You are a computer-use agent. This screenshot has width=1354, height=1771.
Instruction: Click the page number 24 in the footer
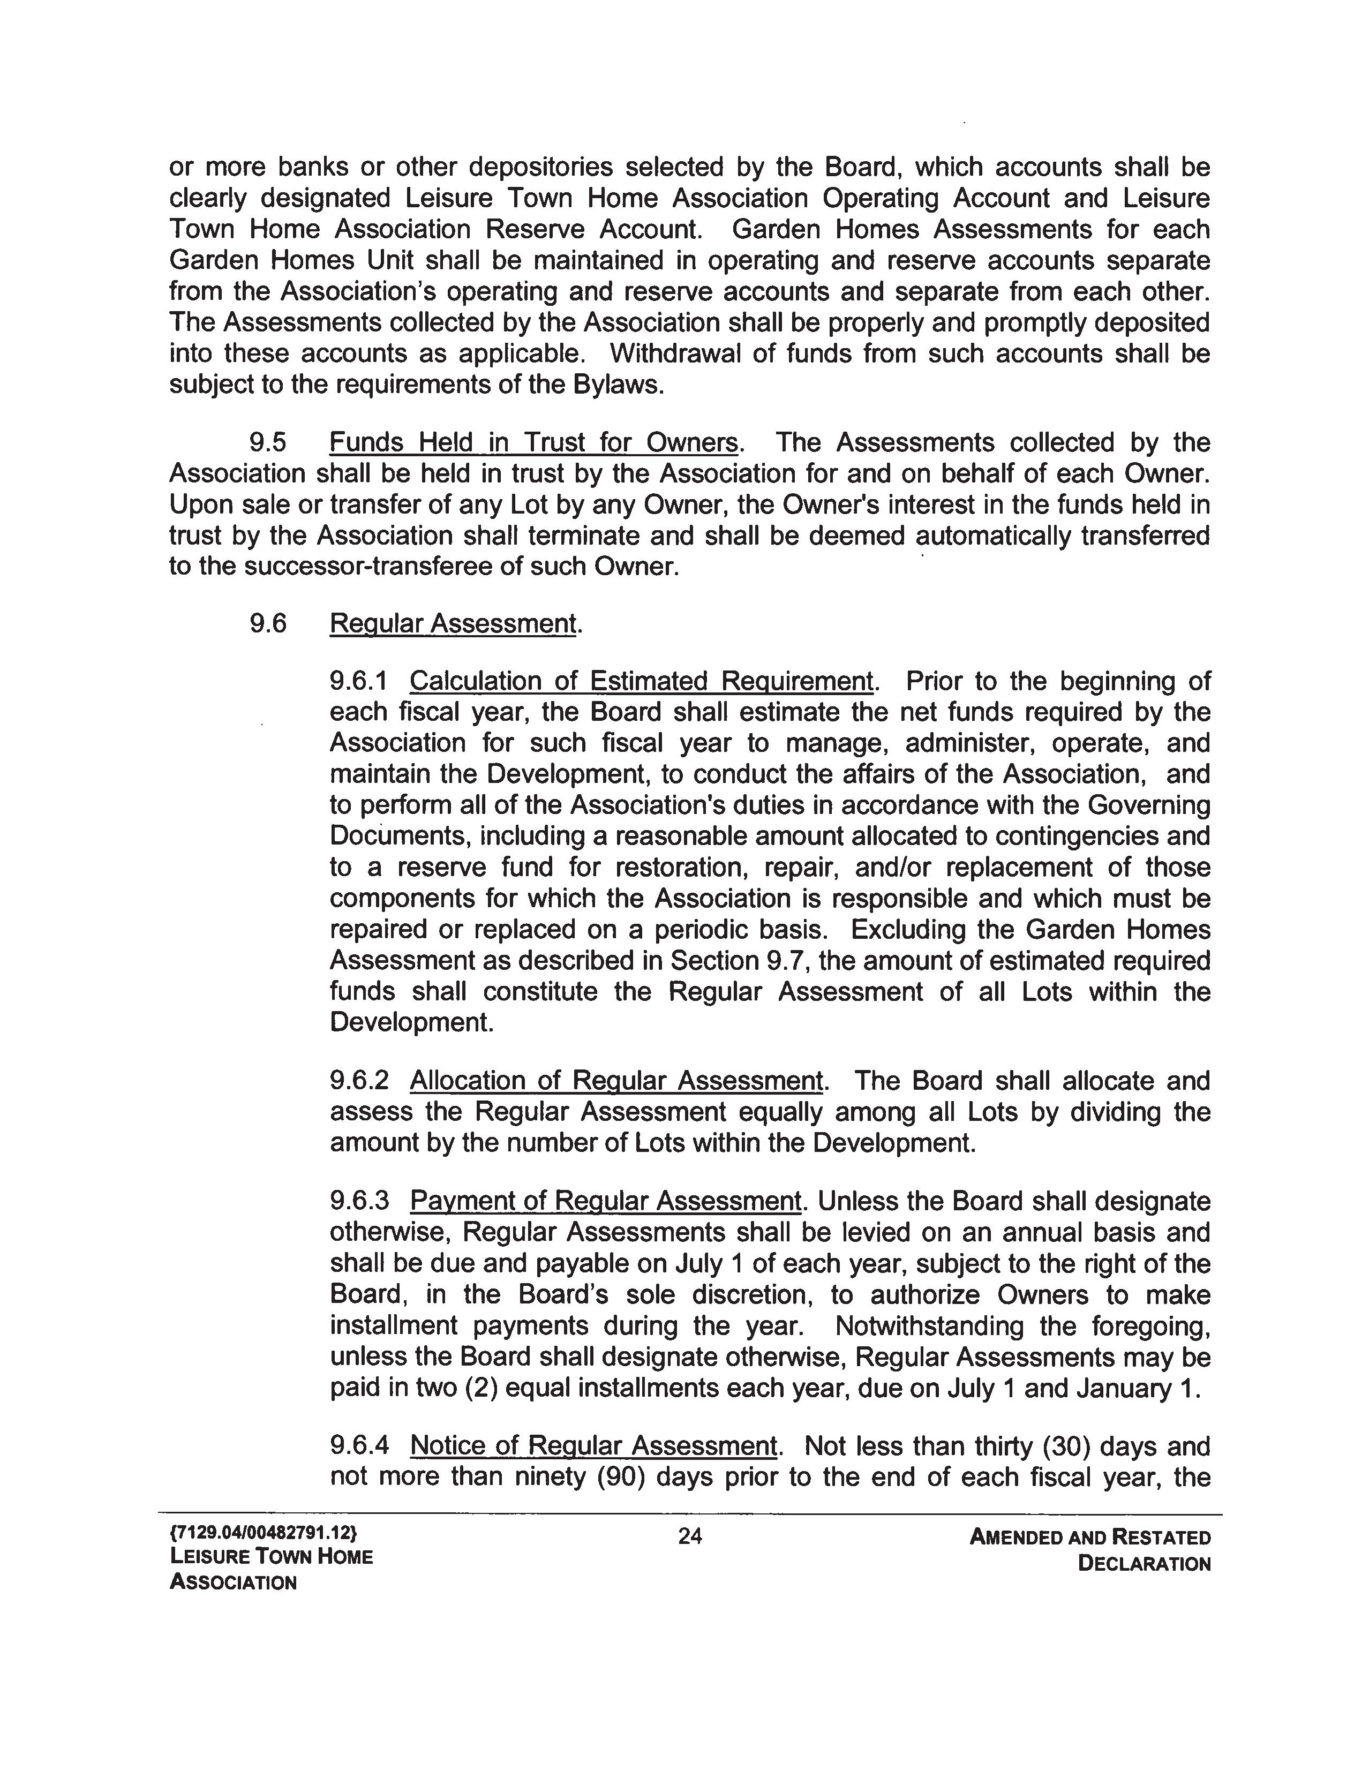(690, 1536)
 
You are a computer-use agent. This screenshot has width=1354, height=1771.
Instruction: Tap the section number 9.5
(268, 442)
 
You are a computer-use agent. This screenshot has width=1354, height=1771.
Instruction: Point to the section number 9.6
(268, 624)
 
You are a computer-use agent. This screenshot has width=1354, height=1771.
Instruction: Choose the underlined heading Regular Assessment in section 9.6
(453, 624)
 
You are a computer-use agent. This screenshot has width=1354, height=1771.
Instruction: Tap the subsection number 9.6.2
(359, 1081)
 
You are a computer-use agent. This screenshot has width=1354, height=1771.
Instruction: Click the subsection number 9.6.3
(359, 1201)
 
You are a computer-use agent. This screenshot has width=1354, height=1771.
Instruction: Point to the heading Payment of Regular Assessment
(606, 1201)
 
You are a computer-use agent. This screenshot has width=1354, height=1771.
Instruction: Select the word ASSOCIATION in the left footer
(233, 1582)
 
